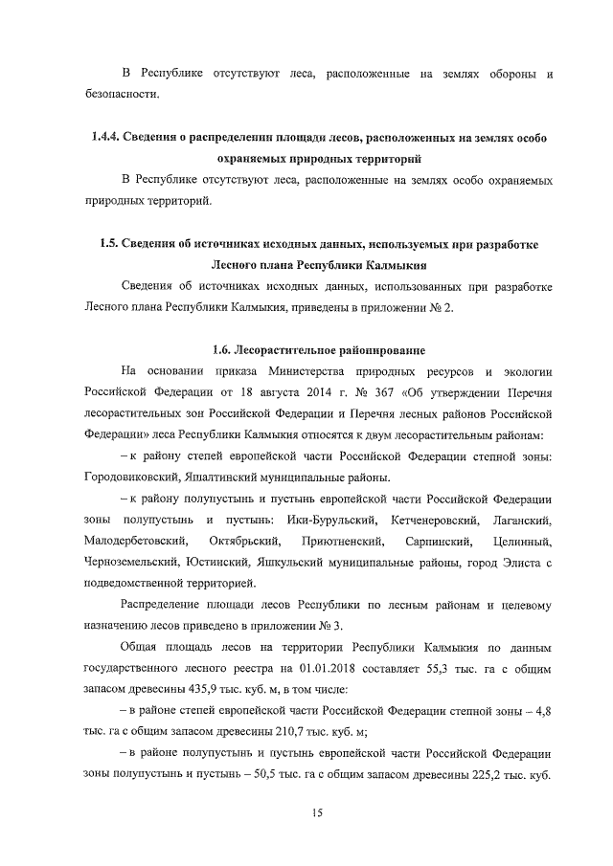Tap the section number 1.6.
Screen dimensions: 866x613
click(224, 348)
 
